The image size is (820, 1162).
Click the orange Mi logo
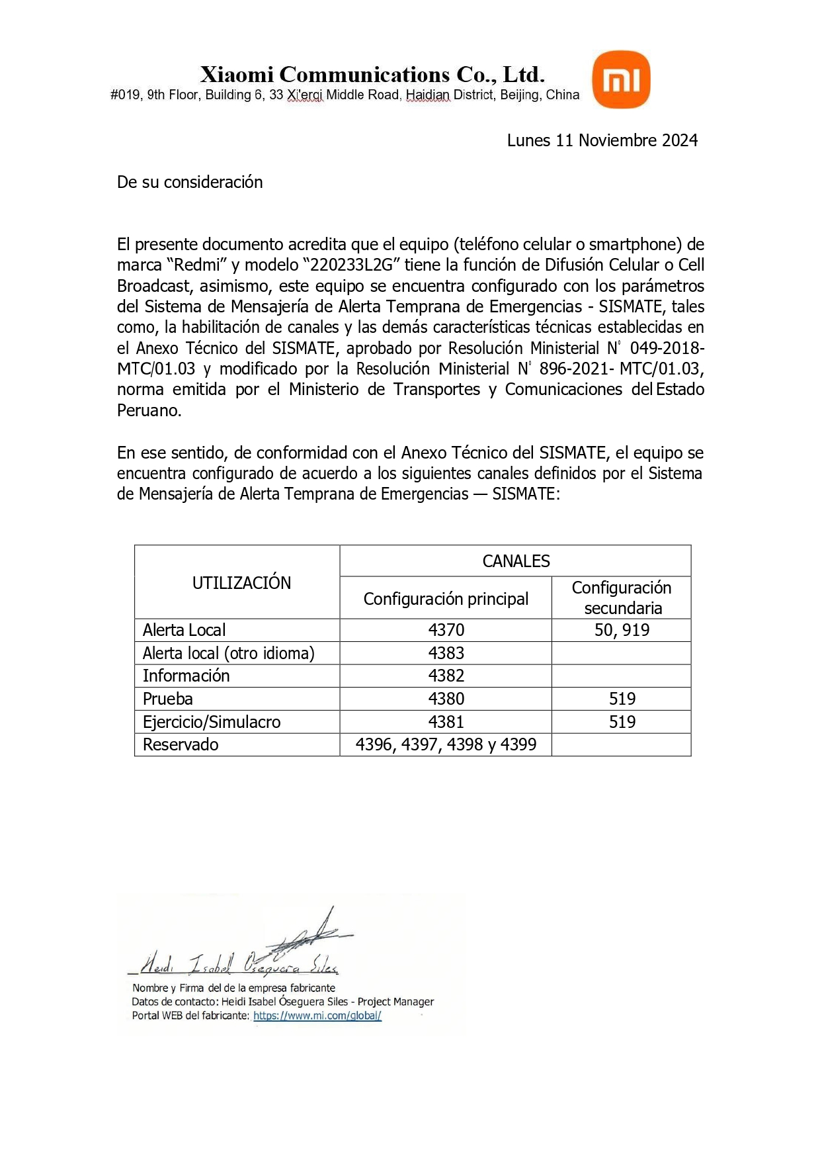pyautogui.click(x=621, y=79)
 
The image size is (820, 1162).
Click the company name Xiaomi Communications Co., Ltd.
pyautogui.click(x=372, y=74)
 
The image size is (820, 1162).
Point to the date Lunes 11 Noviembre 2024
pyautogui.click(x=602, y=140)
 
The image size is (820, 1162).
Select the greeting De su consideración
pyautogui.click(x=190, y=182)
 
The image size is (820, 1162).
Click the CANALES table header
pyautogui.click(x=516, y=561)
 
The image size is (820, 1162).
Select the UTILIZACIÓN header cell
pyautogui.click(x=241, y=583)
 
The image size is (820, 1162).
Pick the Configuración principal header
pyautogui.click(x=446, y=599)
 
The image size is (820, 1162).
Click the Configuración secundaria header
pyautogui.click(x=622, y=598)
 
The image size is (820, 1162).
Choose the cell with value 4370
pyautogui.click(x=446, y=630)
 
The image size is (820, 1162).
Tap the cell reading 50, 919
pyautogui.click(x=622, y=630)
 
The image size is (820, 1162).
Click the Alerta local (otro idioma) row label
pyautogui.click(x=228, y=653)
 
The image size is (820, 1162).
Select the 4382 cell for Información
pyautogui.click(x=446, y=676)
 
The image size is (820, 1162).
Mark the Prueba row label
pyautogui.click(x=168, y=699)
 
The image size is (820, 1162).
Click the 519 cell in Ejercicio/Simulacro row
pyautogui.click(x=622, y=722)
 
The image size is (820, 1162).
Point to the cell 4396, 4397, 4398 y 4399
pyautogui.click(x=446, y=744)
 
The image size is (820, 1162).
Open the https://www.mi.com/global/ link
pyautogui.click(x=317, y=1016)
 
